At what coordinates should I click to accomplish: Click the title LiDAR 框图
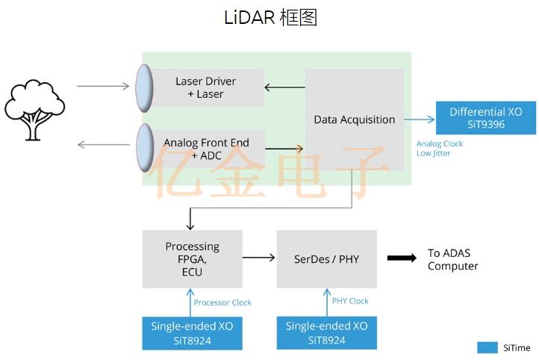click(270, 18)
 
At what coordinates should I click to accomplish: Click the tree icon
click(34, 111)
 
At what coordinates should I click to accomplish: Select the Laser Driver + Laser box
click(206, 87)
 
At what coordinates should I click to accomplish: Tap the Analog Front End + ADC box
click(207, 149)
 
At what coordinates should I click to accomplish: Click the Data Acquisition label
click(354, 120)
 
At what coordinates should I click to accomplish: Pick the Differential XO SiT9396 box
click(485, 118)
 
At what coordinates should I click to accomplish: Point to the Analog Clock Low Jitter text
click(439, 148)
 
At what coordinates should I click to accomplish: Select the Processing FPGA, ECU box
click(192, 258)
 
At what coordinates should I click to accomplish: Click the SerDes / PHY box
click(326, 258)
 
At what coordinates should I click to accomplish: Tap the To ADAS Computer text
click(452, 259)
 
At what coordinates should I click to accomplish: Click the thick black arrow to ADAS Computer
click(402, 258)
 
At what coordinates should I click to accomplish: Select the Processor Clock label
click(222, 302)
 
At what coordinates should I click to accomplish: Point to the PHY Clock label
click(350, 301)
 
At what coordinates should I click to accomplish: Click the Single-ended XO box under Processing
click(192, 332)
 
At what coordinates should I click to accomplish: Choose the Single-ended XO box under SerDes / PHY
click(326, 332)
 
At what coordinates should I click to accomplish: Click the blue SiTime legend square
click(487, 347)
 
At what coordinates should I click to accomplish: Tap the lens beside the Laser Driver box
click(143, 88)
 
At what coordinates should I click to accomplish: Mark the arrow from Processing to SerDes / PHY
click(259, 258)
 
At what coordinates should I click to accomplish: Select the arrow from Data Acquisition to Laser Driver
click(284, 87)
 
